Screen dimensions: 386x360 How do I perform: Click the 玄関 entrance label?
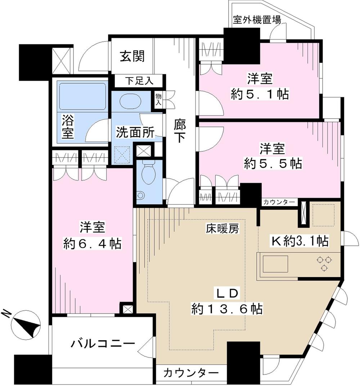[x=132, y=56]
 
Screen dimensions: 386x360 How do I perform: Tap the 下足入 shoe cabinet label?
[x=139, y=81]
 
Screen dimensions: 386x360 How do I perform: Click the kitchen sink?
[x=275, y=264]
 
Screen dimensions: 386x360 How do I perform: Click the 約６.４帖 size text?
[x=92, y=244]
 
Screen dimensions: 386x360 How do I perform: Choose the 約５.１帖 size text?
[x=259, y=94]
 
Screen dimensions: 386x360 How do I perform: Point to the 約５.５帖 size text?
[x=273, y=164]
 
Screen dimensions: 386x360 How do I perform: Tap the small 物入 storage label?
[x=158, y=99]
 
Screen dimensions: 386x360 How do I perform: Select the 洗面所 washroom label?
[x=135, y=133]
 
